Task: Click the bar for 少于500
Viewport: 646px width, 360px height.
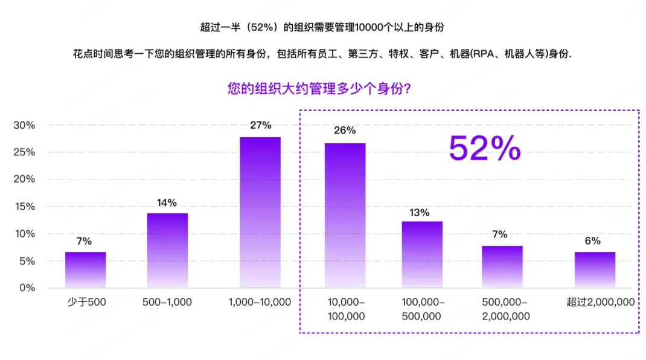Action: pos(86,269)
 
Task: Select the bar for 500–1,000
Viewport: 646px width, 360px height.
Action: pos(167,250)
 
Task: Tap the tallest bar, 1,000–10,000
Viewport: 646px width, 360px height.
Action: pos(260,212)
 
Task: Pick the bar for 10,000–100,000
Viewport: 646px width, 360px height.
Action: pos(345,215)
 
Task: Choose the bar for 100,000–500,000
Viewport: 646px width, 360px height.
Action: pos(422,254)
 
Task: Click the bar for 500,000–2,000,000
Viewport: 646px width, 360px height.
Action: pos(502,266)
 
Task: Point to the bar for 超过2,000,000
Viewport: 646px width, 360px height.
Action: pos(595,269)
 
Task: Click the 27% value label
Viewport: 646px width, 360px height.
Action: pos(260,126)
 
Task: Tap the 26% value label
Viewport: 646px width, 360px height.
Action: pos(345,130)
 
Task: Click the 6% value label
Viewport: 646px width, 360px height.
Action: pos(592,241)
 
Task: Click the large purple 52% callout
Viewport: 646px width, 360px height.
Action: pos(484,148)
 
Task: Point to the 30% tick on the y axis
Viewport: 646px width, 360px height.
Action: pos(24,125)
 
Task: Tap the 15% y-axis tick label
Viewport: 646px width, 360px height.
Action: pos(24,207)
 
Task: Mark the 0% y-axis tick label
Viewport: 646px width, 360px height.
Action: pos(27,288)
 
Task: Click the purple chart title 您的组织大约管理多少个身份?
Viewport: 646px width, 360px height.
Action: pos(320,89)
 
